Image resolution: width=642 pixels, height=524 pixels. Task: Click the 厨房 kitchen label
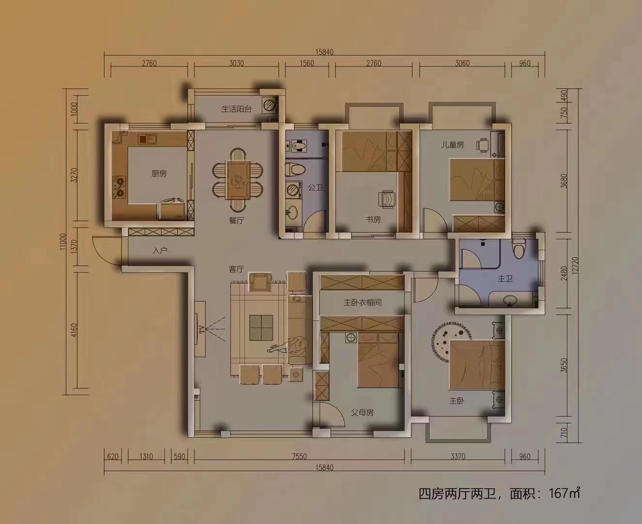tap(159, 173)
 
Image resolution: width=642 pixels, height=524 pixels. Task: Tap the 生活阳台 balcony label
tap(237, 109)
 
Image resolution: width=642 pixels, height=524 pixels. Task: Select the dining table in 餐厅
tap(238, 180)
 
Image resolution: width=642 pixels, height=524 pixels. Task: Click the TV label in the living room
tap(200, 330)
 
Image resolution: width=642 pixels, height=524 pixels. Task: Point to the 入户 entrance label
tap(160, 251)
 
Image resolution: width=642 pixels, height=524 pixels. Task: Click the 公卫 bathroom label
tap(315, 187)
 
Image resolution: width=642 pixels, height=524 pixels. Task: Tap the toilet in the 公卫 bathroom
tap(295, 170)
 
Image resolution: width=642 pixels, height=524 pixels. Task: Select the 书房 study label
tap(373, 219)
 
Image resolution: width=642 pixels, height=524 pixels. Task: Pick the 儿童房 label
tap(452, 145)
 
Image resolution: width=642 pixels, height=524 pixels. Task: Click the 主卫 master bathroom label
tap(505, 279)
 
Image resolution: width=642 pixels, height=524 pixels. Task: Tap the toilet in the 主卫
tap(519, 248)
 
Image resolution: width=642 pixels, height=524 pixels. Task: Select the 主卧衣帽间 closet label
tap(362, 302)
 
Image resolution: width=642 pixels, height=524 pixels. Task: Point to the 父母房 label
tap(362, 413)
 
